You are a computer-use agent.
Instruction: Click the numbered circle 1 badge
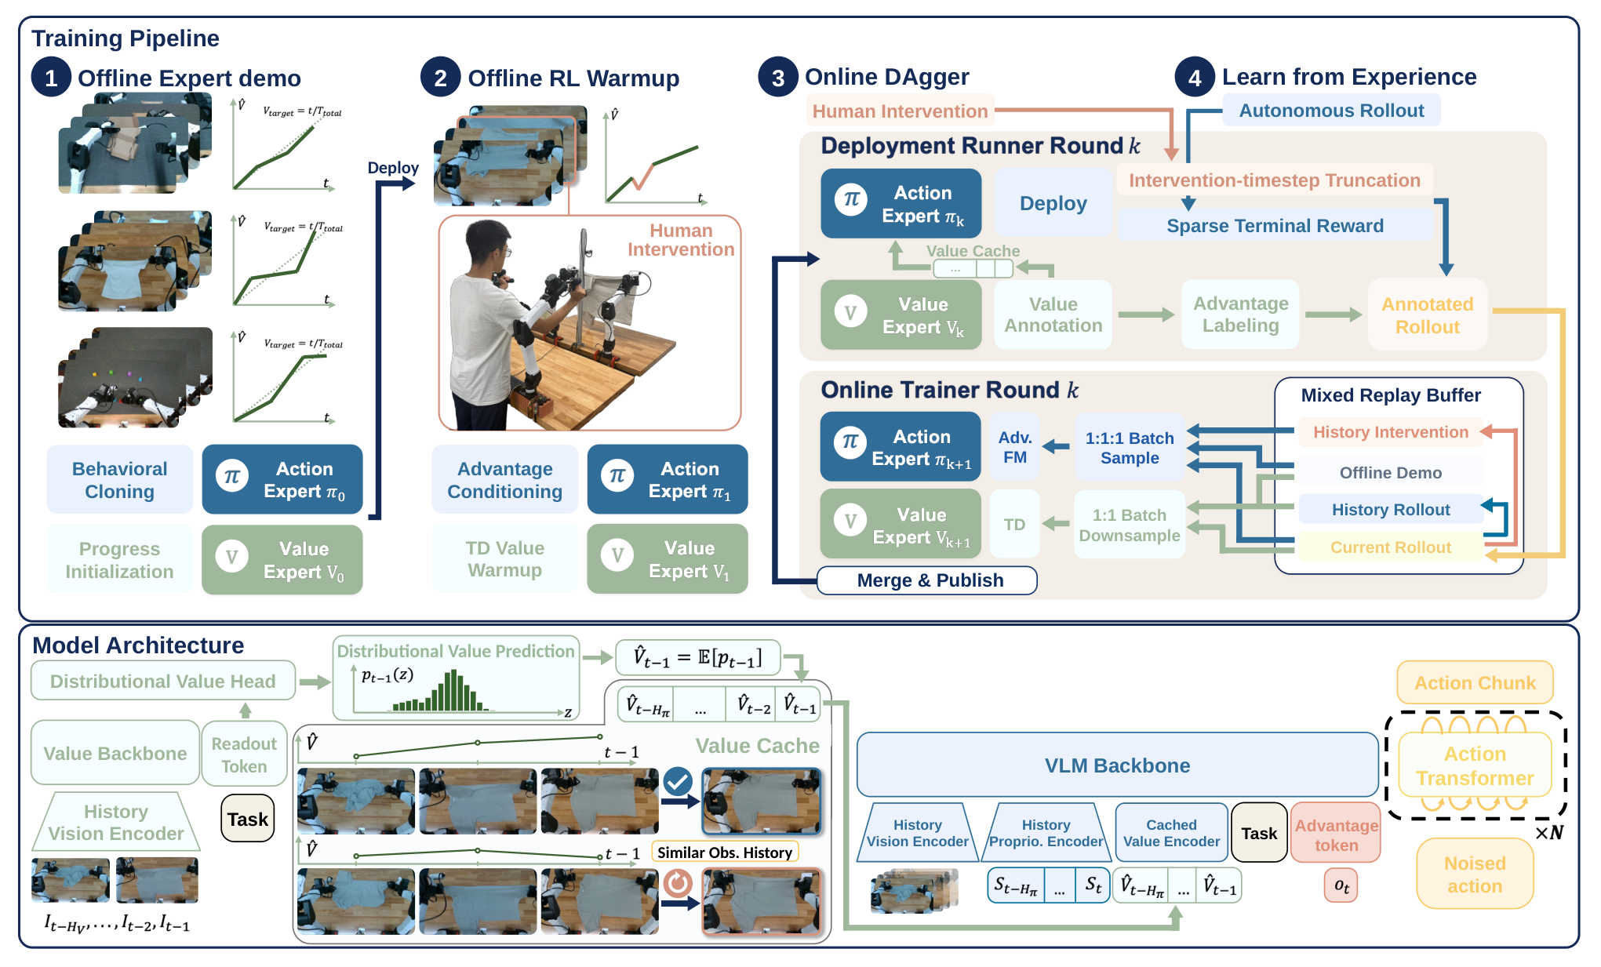click(x=51, y=78)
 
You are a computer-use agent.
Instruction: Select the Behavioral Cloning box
click(x=119, y=480)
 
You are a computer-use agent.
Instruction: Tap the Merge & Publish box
click(x=927, y=580)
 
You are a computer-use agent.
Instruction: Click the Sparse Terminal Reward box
click(x=1275, y=226)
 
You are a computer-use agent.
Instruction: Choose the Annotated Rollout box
click(x=1427, y=315)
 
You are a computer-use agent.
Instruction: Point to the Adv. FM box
click(x=1015, y=447)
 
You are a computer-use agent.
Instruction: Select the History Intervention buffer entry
click(x=1390, y=432)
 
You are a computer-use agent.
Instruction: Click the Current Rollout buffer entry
click(x=1390, y=547)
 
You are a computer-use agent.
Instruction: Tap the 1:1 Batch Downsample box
click(x=1129, y=525)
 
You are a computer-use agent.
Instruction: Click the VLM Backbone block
click(x=1117, y=765)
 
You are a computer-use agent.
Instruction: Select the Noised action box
click(x=1475, y=874)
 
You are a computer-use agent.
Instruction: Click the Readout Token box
click(x=244, y=754)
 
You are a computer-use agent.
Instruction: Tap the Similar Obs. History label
click(x=725, y=852)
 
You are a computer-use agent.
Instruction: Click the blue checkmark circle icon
click(x=678, y=781)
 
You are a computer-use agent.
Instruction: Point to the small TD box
click(x=1015, y=525)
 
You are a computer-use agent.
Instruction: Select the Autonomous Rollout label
click(x=1331, y=111)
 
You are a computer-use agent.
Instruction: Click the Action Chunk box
click(x=1475, y=683)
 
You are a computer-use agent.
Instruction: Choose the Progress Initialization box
click(x=119, y=560)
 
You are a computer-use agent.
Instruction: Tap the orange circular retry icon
click(x=678, y=883)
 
